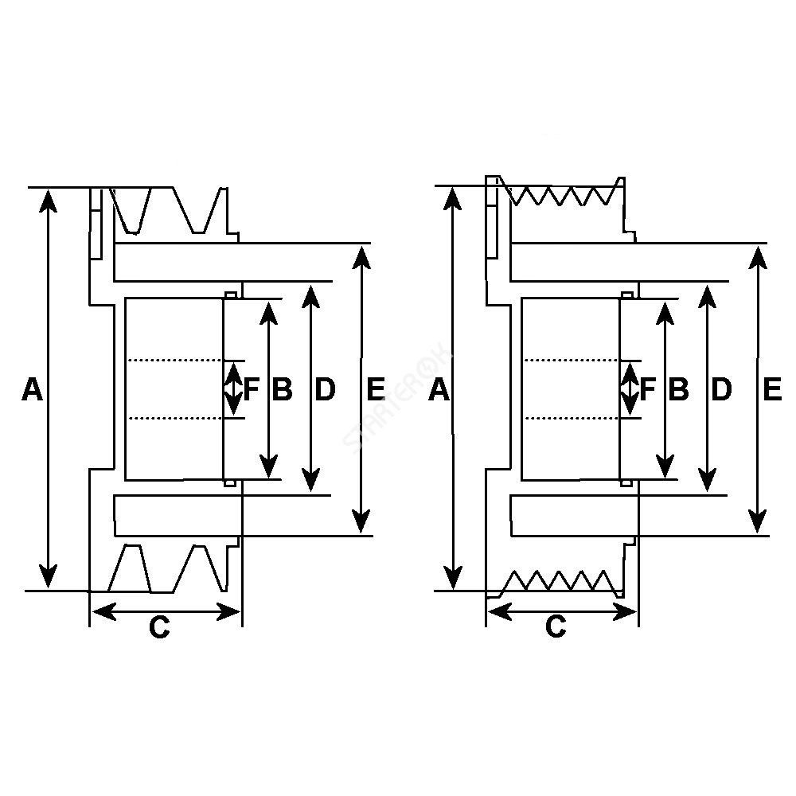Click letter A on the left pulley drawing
(x=32, y=389)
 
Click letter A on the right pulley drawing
(x=439, y=389)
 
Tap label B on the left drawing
(x=283, y=389)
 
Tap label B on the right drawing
(x=678, y=389)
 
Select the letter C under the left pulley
(x=159, y=628)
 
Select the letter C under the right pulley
(x=556, y=627)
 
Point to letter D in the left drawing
(x=326, y=389)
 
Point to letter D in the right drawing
(x=721, y=389)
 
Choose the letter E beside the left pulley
(x=376, y=389)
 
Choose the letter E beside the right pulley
(x=771, y=389)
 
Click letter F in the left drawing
(x=252, y=389)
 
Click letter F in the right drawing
(x=647, y=389)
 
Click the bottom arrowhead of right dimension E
(x=758, y=523)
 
